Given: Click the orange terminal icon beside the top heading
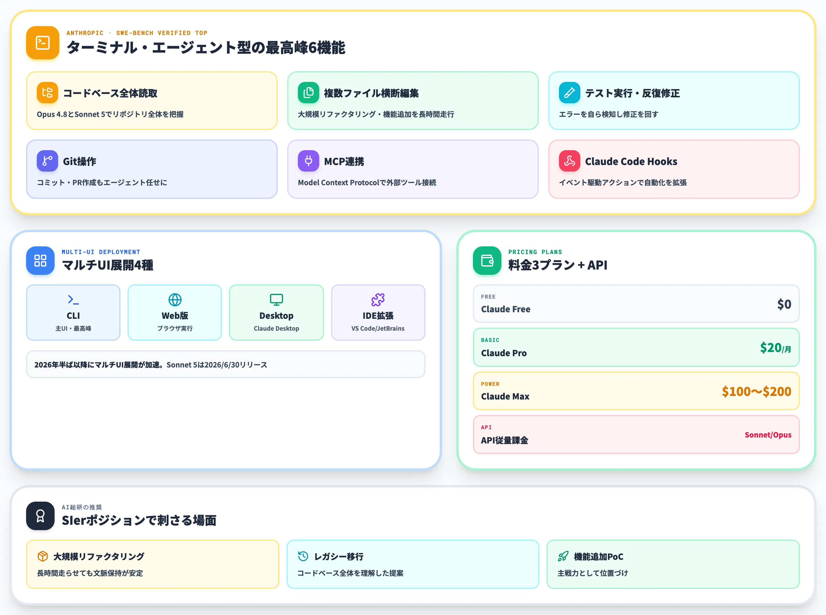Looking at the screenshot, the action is click(42, 42).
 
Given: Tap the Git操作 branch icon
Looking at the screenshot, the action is click(47, 161).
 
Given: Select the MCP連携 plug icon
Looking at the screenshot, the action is click(309, 161).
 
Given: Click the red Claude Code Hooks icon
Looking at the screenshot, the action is click(569, 161).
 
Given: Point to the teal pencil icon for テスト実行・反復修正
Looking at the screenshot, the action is click(569, 92).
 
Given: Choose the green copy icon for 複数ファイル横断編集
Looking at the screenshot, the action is click(309, 92).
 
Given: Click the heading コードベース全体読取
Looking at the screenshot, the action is click(110, 93).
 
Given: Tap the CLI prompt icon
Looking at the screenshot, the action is click(73, 299).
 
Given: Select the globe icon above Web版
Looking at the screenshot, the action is click(175, 299).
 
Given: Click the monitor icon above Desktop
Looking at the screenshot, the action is click(277, 299).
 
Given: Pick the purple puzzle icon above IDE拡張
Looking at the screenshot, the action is click(378, 299).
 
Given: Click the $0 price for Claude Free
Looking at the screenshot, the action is click(784, 304).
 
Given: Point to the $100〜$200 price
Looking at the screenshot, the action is click(756, 391).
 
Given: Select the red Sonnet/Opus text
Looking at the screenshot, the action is click(768, 435).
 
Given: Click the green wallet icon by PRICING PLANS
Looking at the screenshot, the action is click(487, 261).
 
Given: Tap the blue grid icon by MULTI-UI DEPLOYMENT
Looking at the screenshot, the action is click(40, 261).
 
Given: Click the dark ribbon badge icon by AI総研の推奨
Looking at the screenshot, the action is click(40, 516).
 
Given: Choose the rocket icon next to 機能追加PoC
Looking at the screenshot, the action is click(563, 556).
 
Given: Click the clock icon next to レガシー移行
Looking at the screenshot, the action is click(303, 556).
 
